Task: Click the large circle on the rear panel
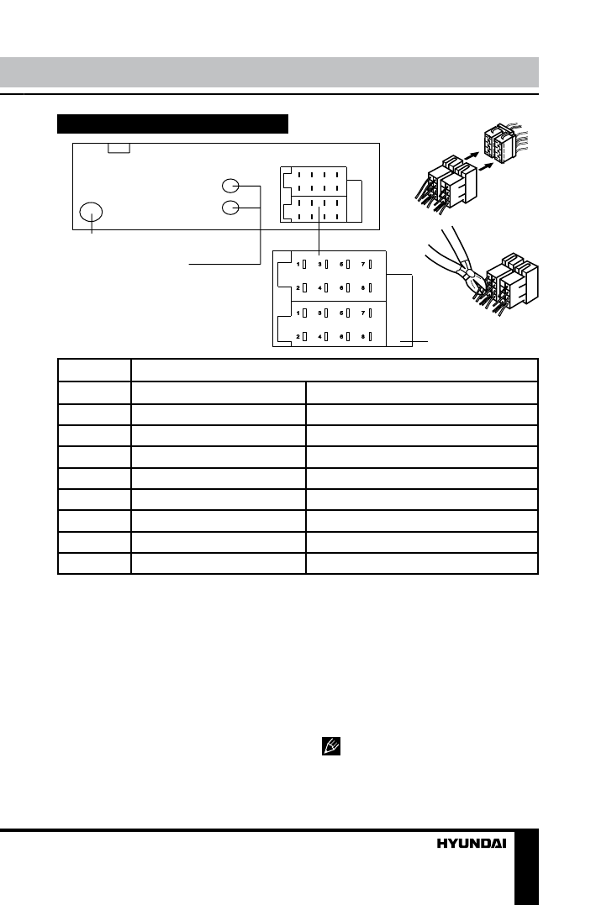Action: [x=92, y=213]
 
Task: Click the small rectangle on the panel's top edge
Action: [x=119, y=148]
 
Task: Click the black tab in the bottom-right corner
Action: [x=526, y=866]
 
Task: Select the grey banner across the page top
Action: [x=269, y=71]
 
